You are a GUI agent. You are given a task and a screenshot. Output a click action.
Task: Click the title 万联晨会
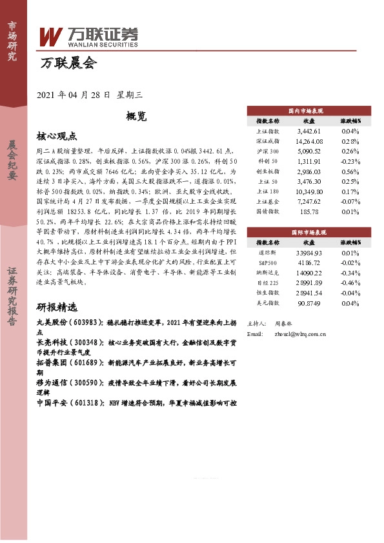point(68,63)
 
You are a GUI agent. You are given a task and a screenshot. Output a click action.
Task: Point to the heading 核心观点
point(57,136)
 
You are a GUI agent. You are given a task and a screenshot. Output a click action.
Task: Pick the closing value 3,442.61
point(308,131)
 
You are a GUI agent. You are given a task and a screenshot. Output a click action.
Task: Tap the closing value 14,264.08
point(308,141)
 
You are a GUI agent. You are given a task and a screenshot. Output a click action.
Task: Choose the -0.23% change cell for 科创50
point(350,162)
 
